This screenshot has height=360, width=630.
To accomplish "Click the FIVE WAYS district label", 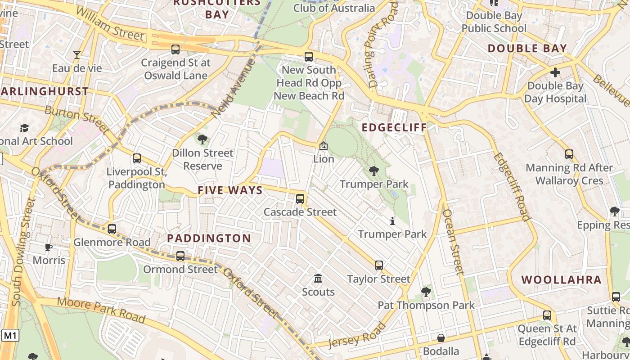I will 230,190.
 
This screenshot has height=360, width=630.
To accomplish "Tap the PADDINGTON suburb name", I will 209,238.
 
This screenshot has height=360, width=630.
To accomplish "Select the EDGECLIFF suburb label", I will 394,127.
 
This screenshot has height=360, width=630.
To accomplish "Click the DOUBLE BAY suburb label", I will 527,48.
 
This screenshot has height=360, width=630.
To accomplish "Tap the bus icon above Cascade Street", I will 300,198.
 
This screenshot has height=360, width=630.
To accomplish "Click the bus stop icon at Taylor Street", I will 379,265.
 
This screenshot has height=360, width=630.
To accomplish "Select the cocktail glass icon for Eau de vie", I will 77,55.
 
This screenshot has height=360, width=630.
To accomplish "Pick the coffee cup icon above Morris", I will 49,247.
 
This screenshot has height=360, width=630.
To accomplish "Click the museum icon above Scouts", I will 318,279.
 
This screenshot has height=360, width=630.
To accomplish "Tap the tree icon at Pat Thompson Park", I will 426,292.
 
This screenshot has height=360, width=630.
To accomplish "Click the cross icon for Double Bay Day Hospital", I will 555,72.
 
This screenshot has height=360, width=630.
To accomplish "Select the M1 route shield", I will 10,335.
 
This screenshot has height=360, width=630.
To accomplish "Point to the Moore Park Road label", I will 101,310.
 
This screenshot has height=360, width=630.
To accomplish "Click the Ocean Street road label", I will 453,242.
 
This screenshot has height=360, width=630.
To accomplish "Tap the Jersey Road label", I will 357,335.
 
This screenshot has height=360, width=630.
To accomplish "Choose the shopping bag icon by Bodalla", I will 441,338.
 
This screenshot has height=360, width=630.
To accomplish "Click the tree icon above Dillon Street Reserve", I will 202,139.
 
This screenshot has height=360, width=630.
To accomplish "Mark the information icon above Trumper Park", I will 392,221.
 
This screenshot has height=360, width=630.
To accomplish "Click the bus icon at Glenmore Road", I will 112,229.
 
